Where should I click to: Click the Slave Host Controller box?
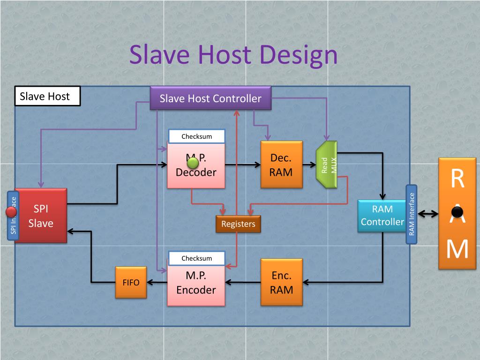click(x=210, y=98)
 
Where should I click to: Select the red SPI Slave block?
click(x=41, y=216)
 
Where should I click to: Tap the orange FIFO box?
click(x=131, y=282)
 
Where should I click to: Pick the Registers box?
click(x=238, y=224)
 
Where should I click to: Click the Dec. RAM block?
click(x=281, y=165)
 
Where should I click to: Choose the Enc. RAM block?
click(x=281, y=282)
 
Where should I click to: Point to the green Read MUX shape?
click(x=327, y=165)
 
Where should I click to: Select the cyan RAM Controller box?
click(x=382, y=216)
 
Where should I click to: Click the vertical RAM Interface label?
click(x=412, y=214)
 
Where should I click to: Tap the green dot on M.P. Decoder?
click(x=193, y=163)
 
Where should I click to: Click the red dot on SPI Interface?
click(x=11, y=212)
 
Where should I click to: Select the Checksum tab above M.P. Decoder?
click(x=196, y=136)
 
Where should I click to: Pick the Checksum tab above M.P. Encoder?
click(x=196, y=258)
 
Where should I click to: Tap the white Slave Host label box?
click(x=47, y=97)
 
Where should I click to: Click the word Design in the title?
click(x=298, y=55)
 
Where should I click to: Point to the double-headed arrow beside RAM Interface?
click(x=427, y=214)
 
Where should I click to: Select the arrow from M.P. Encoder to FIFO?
click(x=157, y=282)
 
